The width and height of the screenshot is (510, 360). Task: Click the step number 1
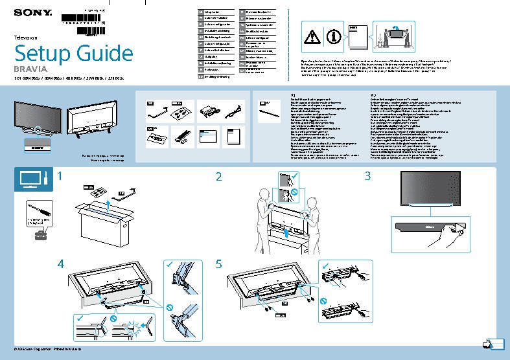[x=60, y=176]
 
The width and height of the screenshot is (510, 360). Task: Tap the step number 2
[x=219, y=177]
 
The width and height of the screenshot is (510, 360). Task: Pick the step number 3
[x=367, y=176]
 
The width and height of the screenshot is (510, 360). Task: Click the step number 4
[x=60, y=264]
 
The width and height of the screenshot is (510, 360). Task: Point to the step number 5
[x=219, y=264]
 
